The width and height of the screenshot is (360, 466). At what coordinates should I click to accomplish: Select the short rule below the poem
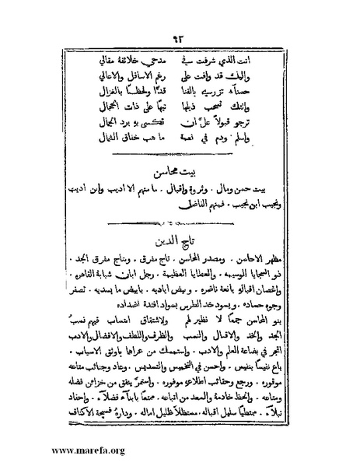(x=180, y=156)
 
